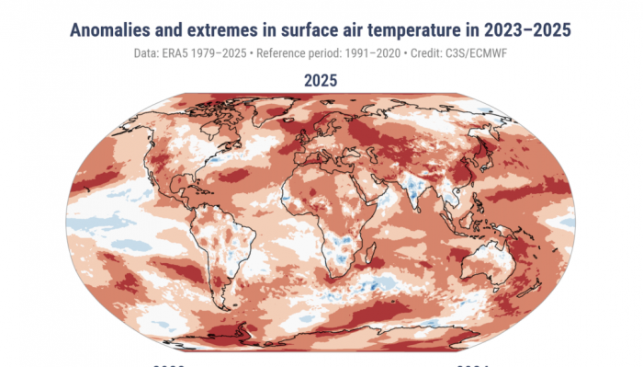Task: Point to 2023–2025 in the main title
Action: [531, 30]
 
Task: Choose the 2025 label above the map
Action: [321, 80]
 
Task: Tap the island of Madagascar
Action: [378, 260]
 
